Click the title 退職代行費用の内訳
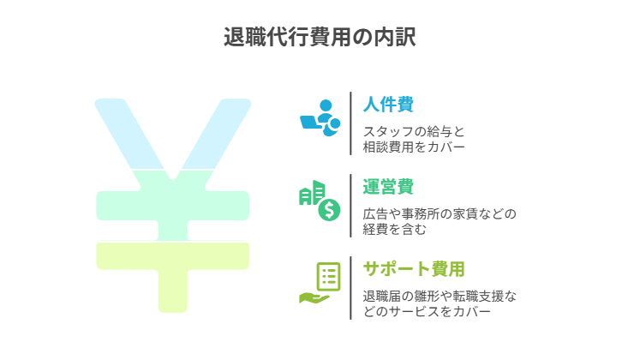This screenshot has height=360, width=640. pyautogui.click(x=320, y=37)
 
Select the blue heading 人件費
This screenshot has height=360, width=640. pyautogui.click(x=388, y=104)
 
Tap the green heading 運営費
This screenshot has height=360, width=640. pyautogui.click(x=388, y=187)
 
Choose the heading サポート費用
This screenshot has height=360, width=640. pyautogui.click(x=414, y=269)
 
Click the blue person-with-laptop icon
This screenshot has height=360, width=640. pyautogui.click(x=320, y=117)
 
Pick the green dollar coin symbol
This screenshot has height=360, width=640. pyautogui.click(x=329, y=210)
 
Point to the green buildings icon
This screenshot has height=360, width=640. pyautogui.click(x=312, y=193)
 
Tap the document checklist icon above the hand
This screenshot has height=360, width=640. pyautogui.click(x=329, y=276)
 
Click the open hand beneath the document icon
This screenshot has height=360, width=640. pyautogui.click(x=314, y=298)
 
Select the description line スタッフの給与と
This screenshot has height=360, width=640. pyautogui.click(x=414, y=132)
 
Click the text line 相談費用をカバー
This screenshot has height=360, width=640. pyautogui.click(x=414, y=147)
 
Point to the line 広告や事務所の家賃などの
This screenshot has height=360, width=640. pyautogui.click(x=440, y=214)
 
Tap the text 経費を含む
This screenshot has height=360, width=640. pyautogui.click(x=394, y=230)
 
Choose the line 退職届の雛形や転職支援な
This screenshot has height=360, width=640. pyautogui.click(x=440, y=297)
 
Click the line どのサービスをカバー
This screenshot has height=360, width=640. pyautogui.click(x=427, y=312)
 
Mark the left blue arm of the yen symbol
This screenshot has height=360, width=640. pyautogui.click(x=128, y=133)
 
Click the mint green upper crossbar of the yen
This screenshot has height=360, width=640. pyautogui.click(x=173, y=206)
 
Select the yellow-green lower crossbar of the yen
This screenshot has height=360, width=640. pyautogui.click(x=173, y=256)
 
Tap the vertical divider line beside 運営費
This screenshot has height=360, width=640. pyautogui.click(x=350, y=206)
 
